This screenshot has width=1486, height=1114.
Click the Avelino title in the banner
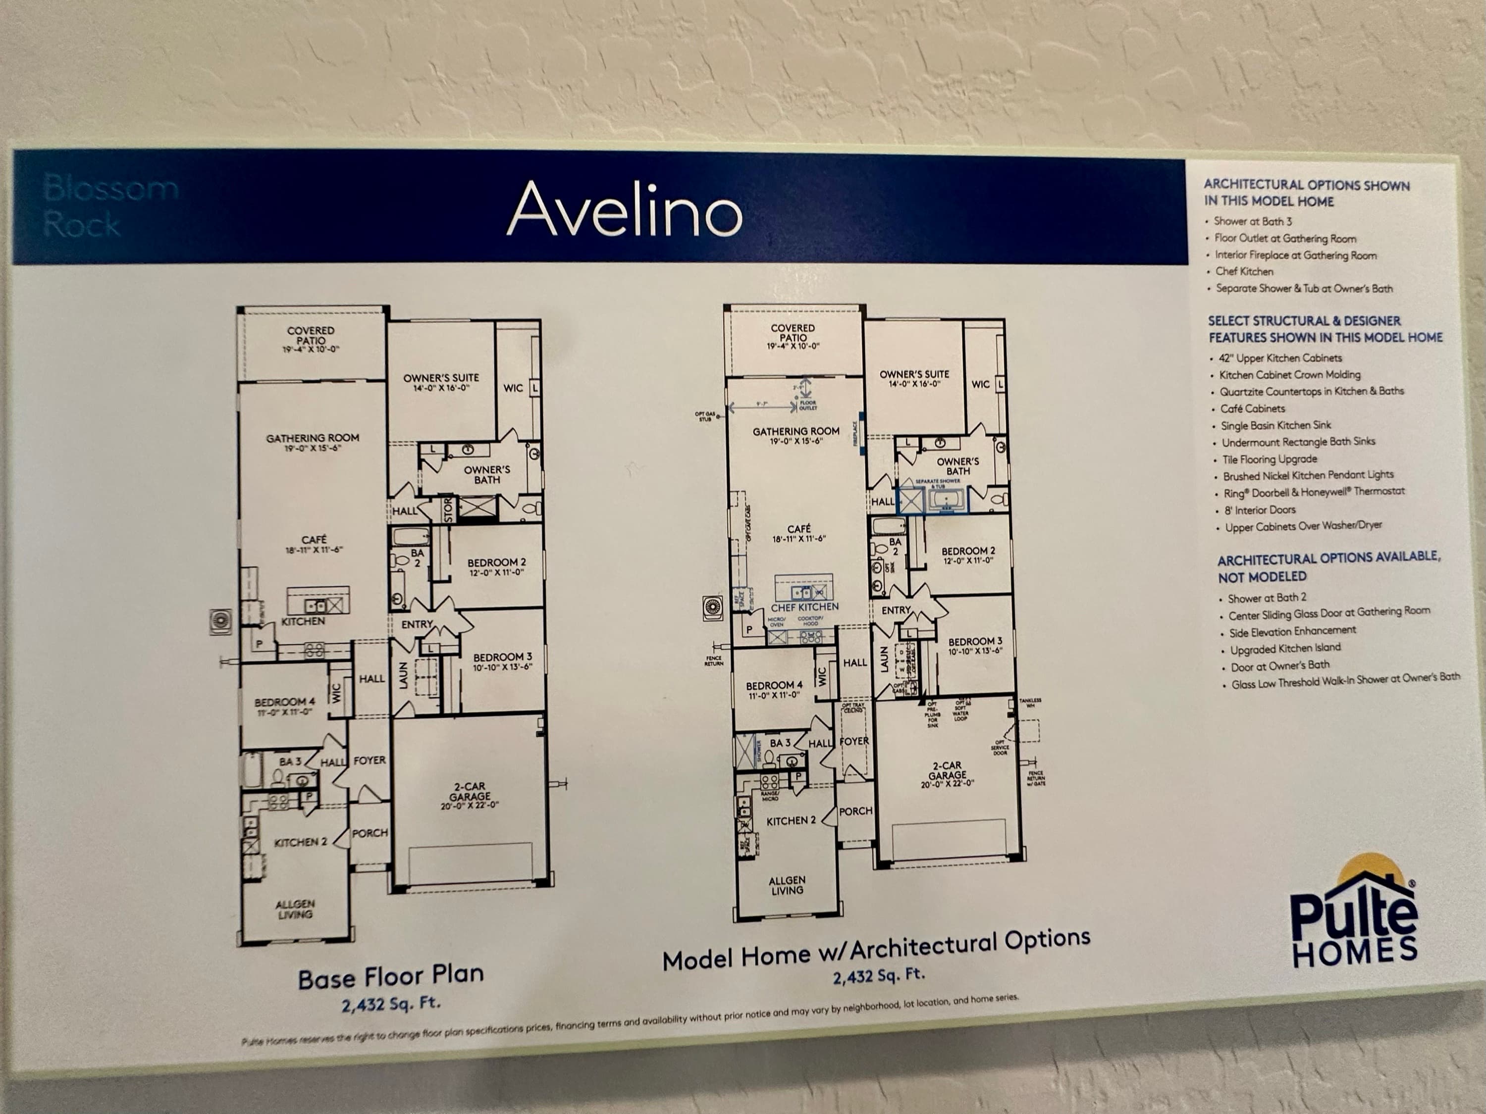tap(624, 209)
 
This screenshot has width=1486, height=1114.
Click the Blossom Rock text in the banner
tap(111, 205)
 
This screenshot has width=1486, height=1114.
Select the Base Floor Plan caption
tap(390, 976)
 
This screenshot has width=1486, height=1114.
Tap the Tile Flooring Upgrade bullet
tap(1269, 459)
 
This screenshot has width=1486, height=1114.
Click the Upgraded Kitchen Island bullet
tap(1284, 648)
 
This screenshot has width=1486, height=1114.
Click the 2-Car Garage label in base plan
tap(470, 795)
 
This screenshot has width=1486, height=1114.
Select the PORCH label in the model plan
tap(855, 811)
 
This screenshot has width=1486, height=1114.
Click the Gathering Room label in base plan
tap(313, 442)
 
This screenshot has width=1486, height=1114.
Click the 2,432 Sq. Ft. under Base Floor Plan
tap(391, 1005)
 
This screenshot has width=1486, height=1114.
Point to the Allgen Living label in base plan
tap(294, 909)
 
